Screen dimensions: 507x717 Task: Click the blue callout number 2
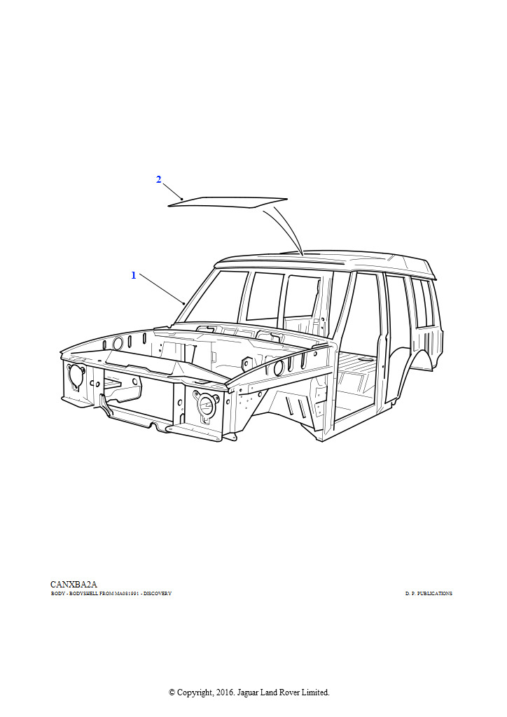pos(159,180)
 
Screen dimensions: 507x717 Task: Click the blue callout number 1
pos(134,275)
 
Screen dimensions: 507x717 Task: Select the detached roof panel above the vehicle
pos(228,202)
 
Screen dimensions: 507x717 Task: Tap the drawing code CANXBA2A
pos(74,584)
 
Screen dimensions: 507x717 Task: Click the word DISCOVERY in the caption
pos(158,594)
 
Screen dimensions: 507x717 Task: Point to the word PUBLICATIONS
pos(435,594)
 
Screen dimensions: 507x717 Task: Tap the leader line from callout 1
pos(162,288)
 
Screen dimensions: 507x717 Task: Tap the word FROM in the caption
pos(108,594)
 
